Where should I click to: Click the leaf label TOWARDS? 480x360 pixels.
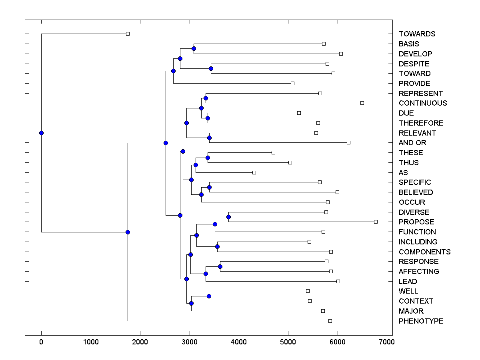pyautogui.click(x=417, y=34)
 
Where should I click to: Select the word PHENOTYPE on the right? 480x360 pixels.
pyautogui.click(x=421, y=321)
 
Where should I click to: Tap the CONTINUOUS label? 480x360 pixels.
pyautogui.click(x=423, y=103)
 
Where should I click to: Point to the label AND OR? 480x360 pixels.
pyautogui.click(x=412, y=143)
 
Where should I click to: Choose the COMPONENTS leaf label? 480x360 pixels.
pyautogui.click(x=424, y=252)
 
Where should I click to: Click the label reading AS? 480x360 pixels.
pyautogui.click(x=403, y=173)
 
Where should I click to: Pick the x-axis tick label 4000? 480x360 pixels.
pyautogui.click(x=239, y=342)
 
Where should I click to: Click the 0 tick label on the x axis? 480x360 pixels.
pyautogui.click(x=41, y=342)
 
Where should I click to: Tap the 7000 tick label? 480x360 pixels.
pyautogui.click(x=387, y=342)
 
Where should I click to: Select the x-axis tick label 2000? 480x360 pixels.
pyautogui.click(x=140, y=342)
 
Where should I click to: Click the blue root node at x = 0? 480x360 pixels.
pyautogui.click(x=41, y=133)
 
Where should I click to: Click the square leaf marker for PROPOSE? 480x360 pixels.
pyautogui.click(x=376, y=222)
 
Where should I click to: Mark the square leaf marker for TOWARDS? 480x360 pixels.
pyautogui.click(x=128, y=34)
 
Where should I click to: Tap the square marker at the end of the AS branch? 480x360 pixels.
pyautogui.click(x=254, y=172)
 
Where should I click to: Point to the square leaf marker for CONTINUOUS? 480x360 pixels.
pyautogui.click(x=362, y=103)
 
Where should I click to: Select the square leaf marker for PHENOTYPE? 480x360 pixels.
pyautogui.click(x=330, y=321)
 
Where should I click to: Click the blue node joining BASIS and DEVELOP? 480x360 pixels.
pyautogui.click(x=194, y=48)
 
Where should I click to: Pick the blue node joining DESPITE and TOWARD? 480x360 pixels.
pyautogui.click(x=211, y=68)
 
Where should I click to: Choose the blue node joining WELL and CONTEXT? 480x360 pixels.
pyautogui.click(x=209, y=296)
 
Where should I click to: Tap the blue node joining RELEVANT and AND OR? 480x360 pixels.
pyautogui.click(x=209, y=138)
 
